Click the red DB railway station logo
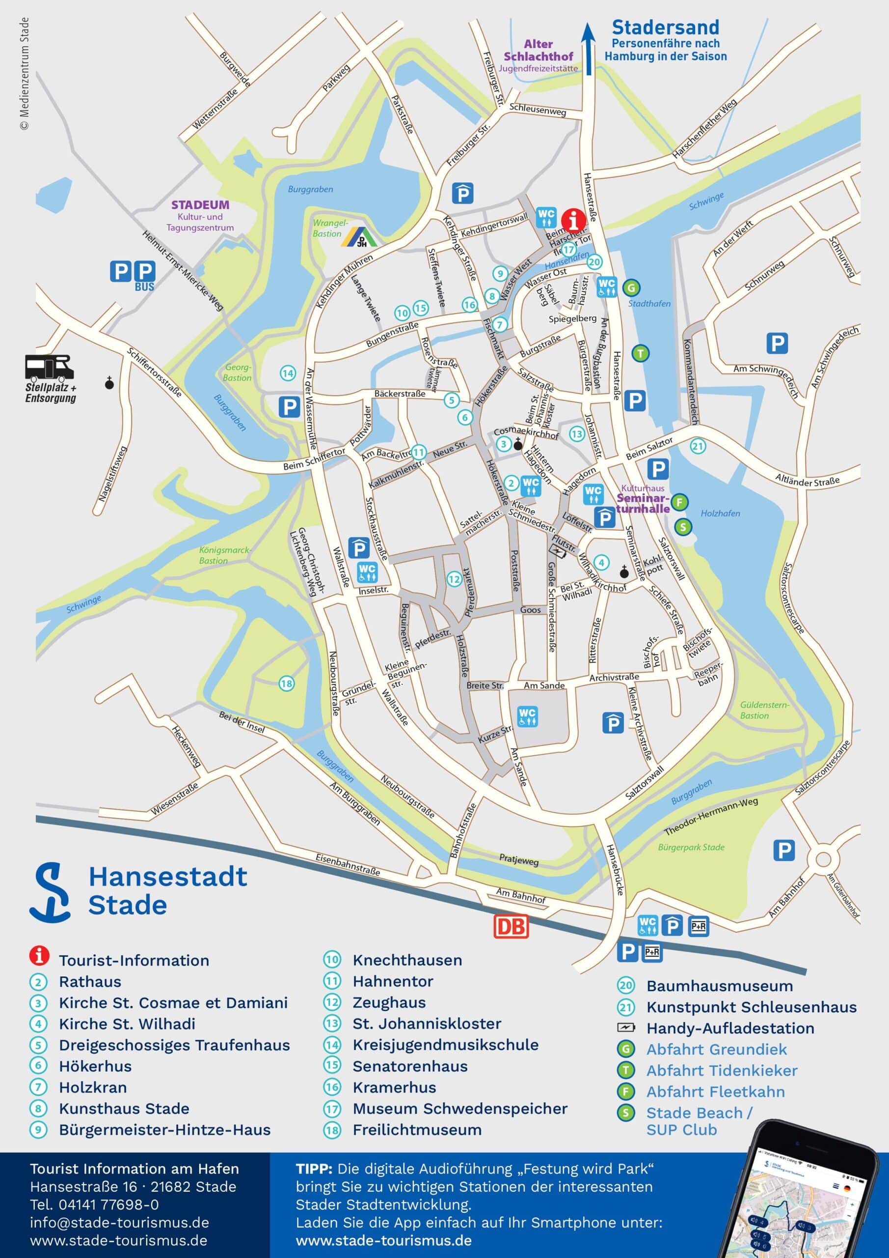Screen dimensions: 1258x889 pyautogui.click(x=512, y=926)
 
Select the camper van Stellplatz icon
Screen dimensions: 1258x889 pyautogui.click(x=49, y=368)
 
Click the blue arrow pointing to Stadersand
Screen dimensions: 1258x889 pyautogui.click(x=589, y=49)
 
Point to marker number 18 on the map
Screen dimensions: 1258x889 pyautogui.click(x=286, y=683)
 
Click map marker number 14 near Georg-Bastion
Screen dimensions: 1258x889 pyautogui.click(x=288, y=373)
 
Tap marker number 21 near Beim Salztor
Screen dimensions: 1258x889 pyautogui.click(x=698, y=446)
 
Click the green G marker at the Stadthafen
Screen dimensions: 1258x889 pyautogui.click(x=632, y=287)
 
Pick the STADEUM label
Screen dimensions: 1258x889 pyautogui.click(x=200, y=205)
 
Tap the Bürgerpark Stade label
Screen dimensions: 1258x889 pyautogui.click(x=691, y=847)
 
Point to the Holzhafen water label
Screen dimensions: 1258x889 pyautogui.click(x=720, y=514)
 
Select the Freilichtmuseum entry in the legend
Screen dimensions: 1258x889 pyautogui.click(x=417, y=1129)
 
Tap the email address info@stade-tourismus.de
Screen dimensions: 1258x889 pyautogui.click(x=119, y=1223)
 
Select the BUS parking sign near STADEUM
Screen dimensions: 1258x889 pyautogui.click(x=144, y=275)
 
